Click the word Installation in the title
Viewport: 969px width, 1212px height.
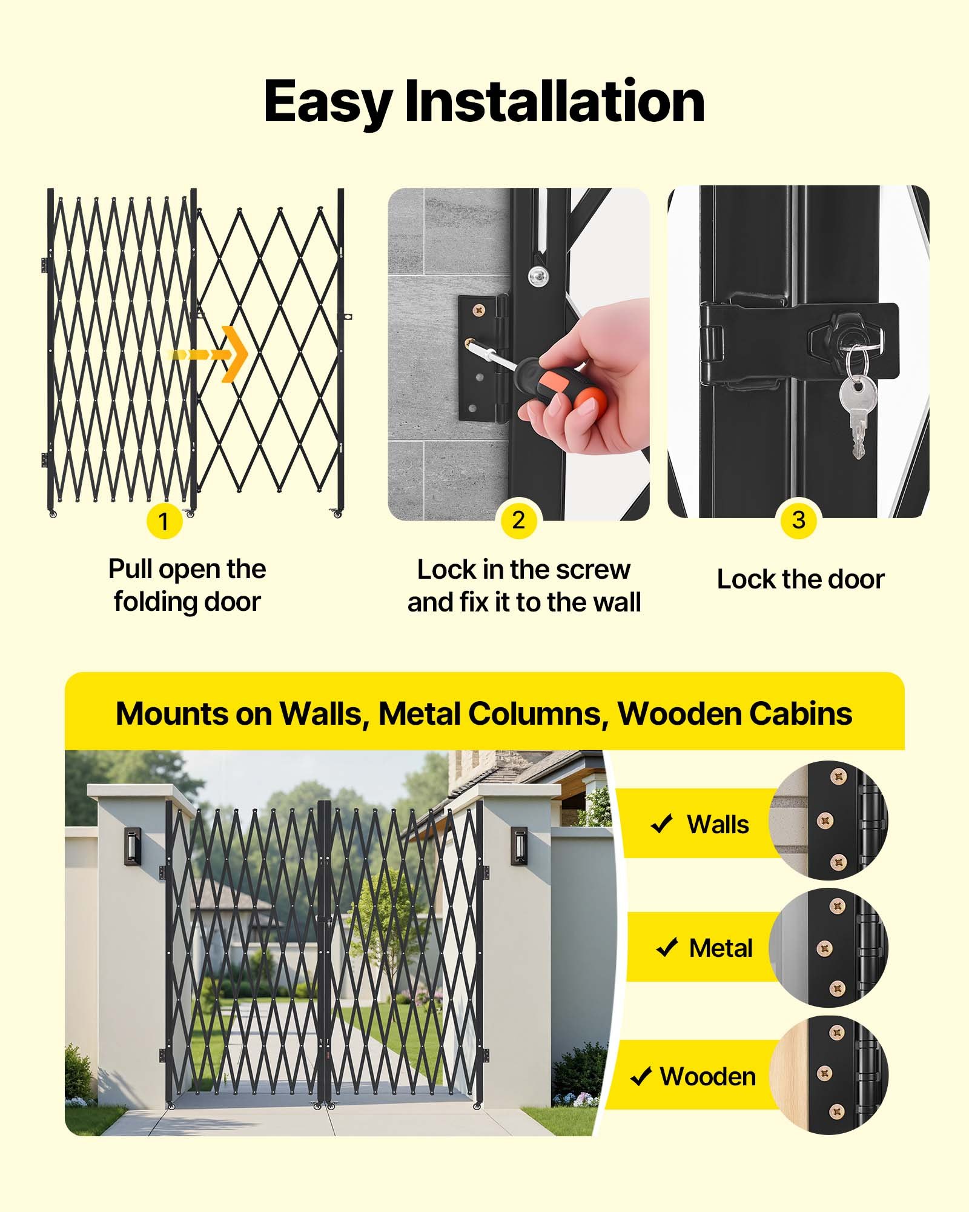point(554,102)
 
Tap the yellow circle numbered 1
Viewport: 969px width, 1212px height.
point(164,521)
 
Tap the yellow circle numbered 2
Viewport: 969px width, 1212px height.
point(518,520)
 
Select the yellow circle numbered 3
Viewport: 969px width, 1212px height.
point(798,520)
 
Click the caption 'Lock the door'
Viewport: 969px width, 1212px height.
point(800,579)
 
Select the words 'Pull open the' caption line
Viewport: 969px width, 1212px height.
point(187,569)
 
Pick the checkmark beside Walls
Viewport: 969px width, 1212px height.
point(661,824)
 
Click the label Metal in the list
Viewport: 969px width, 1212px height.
point(721,948)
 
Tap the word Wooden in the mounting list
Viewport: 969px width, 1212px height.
point(707,1077)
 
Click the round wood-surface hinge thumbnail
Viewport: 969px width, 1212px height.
point(828,1074)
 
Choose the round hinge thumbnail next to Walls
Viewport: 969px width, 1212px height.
point(828,821)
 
